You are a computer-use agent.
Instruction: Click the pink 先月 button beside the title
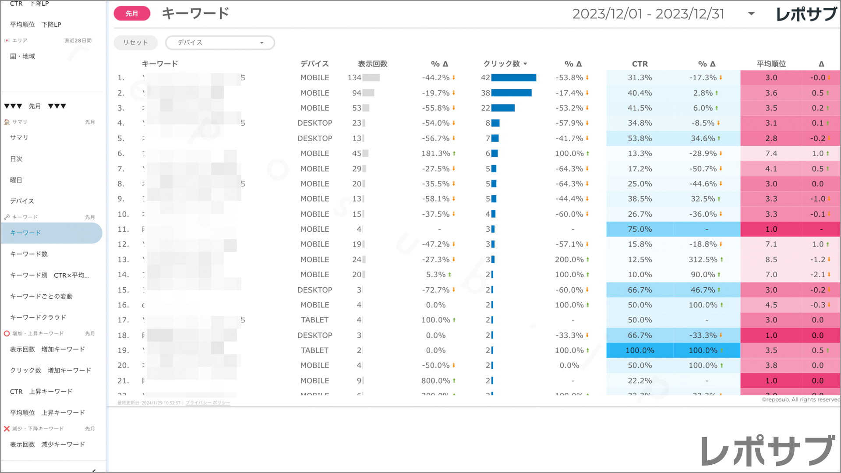click(x=132, y=14)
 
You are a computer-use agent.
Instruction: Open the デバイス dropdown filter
click(x=220, y=42)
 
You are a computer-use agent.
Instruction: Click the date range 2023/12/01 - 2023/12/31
click(x=648, y=14)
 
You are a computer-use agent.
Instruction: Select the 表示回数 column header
click(x=372, y=64)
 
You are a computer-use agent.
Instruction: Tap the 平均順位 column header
click(x=771, y=64)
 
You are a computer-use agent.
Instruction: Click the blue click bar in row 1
click(x=514, y=78)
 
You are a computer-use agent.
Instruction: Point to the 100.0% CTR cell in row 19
click(x=640, y=350)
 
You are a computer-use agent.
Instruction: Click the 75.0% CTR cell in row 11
click(x=640, y=229)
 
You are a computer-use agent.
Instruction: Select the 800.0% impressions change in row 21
click(x=436, y=381)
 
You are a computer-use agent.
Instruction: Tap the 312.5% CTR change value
click(x=703, y=260)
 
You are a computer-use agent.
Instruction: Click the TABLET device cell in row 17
click(x=314, y=320)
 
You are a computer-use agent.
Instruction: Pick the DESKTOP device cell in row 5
click(x=314, y=138)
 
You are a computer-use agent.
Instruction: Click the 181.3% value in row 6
click(x=436, y=154)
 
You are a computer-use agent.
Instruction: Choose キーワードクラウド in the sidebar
click(x=38, y=318)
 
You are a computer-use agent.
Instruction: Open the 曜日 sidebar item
click(x=16, y=180)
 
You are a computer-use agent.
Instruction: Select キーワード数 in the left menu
click(x=29, y=254)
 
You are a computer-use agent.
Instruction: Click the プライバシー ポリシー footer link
click(x=208, y=403)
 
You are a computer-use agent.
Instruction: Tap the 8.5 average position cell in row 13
click(x=771, y=260)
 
